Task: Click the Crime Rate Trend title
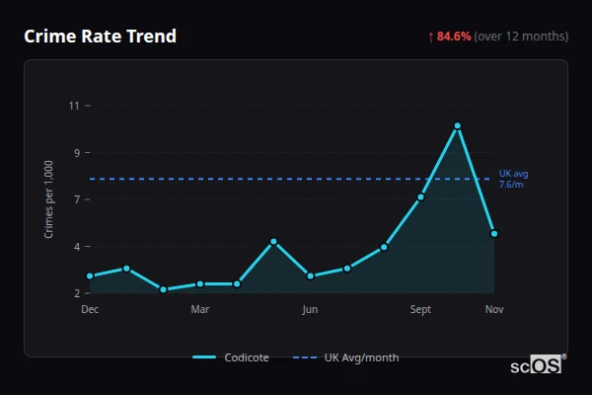tap(100, 37)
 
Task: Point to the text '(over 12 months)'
tap(521, 37)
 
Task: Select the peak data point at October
tap(458, 125)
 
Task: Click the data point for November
tap(494, 234)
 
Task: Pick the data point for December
tap(90, 276)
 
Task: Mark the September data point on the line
tap(421, 197)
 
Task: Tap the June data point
tap(311, 276)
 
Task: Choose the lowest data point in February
tap(164, 289)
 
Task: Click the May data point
tap(273, 242)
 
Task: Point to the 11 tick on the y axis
tap(73, 106)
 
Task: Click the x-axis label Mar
tap(200, 309)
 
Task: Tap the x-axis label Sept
tap(421, 309)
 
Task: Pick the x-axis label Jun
tap(311, 309)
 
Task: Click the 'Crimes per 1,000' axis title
tap(48, 199)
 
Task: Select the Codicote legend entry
tap(232, 357)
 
